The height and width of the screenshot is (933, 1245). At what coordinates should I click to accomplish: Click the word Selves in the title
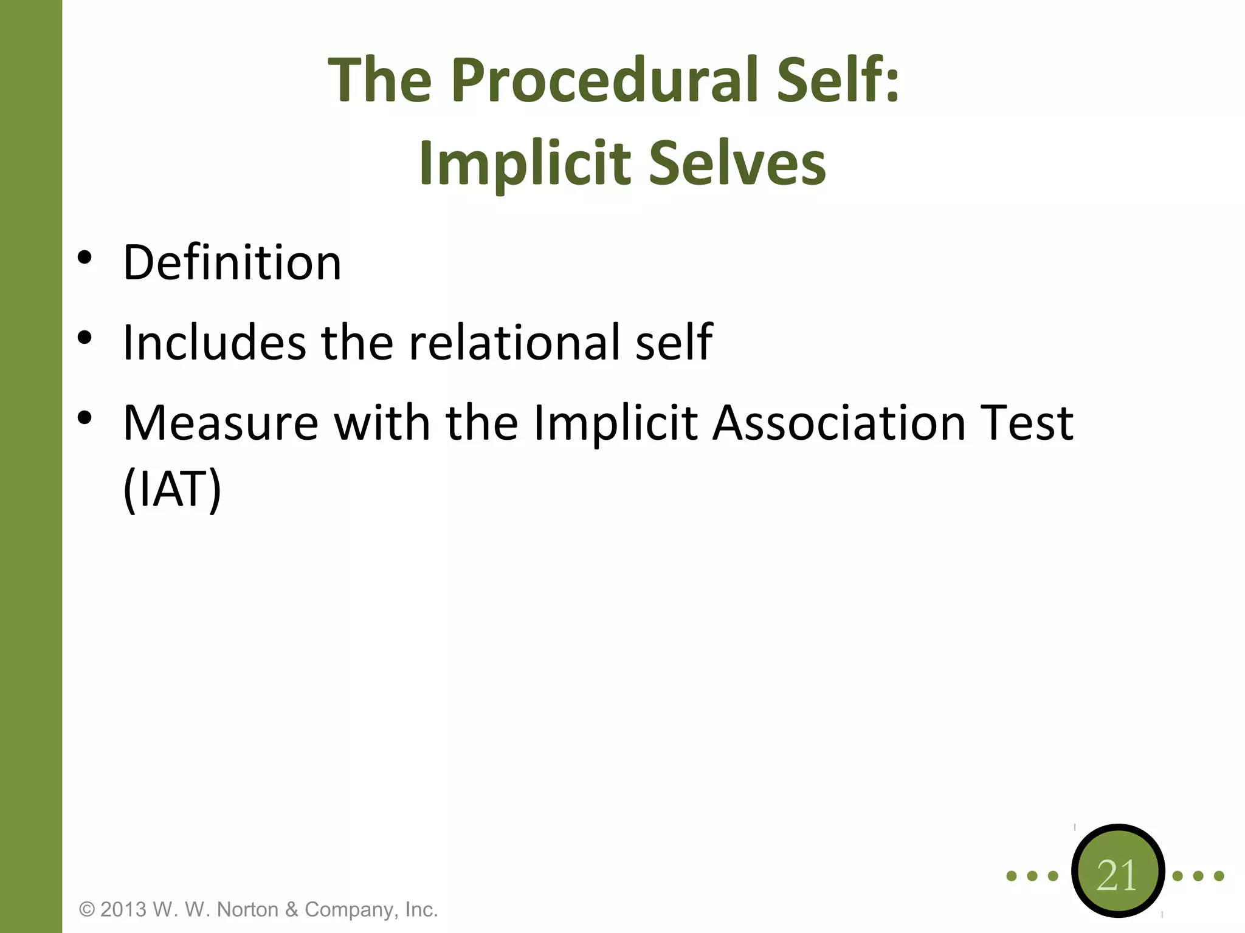(737, 163)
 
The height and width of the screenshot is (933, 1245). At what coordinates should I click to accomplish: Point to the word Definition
(232, 262)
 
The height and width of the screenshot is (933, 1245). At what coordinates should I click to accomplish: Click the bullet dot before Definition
(84, 258)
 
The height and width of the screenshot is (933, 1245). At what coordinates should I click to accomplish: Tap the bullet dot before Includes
(84, 338)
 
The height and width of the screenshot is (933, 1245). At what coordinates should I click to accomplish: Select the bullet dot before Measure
(84, 418)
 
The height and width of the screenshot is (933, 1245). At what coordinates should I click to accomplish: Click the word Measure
(221, 423)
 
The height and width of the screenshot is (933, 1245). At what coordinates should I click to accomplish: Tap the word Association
(840, 423)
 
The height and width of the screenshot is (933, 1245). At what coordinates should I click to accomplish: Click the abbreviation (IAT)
(172, 490)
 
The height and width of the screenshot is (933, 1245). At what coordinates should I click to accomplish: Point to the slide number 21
(1117, 875)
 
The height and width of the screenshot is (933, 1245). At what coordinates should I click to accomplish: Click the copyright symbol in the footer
(88, 909)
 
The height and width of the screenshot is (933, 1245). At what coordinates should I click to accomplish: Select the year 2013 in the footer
(123, 909)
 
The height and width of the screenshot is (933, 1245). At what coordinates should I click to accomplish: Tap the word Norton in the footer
(247, 909)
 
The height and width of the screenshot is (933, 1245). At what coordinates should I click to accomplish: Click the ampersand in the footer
(292, 909)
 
